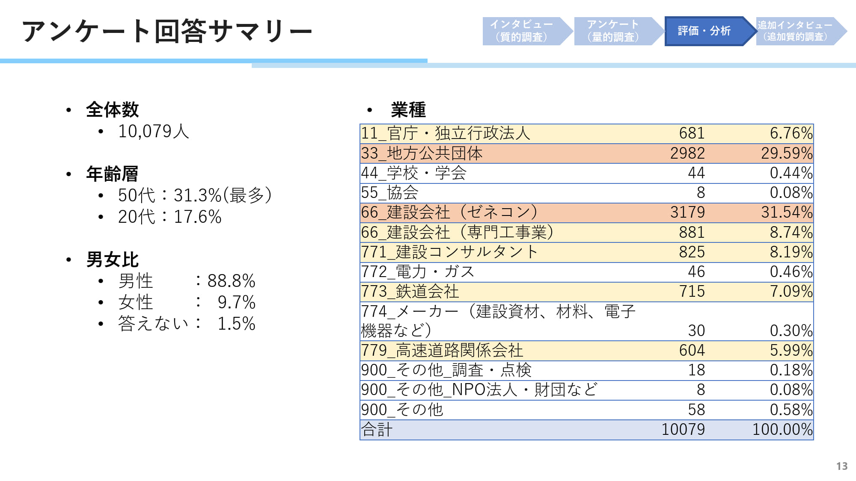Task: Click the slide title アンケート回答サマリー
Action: click(x=167, y=32)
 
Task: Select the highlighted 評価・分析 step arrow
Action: click(x=704, y=31)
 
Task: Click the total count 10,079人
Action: click(x=154, y=131)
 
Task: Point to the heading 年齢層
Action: click(x=112, y=174)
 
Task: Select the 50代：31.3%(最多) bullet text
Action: click(x=195, y=195)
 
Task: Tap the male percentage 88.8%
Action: click(x=231, y=281)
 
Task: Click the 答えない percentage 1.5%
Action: click(x=236, y=324)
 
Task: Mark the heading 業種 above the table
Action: click(x=408, y=110)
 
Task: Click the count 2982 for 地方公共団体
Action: click(x=687, y=153)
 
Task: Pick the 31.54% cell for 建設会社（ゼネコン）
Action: click(x=787, y=212)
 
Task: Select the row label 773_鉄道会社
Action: click(x=410, y=292)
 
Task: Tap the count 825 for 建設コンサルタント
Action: click(x=692, y=252)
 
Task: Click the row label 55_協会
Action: click(x=389, y=192)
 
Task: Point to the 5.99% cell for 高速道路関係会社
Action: click(x=791, y=351)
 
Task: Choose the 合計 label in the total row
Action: click(x=377, y=429)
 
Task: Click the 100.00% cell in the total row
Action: click(x=782, y=429)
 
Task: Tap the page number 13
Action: click(x=842, y=466)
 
